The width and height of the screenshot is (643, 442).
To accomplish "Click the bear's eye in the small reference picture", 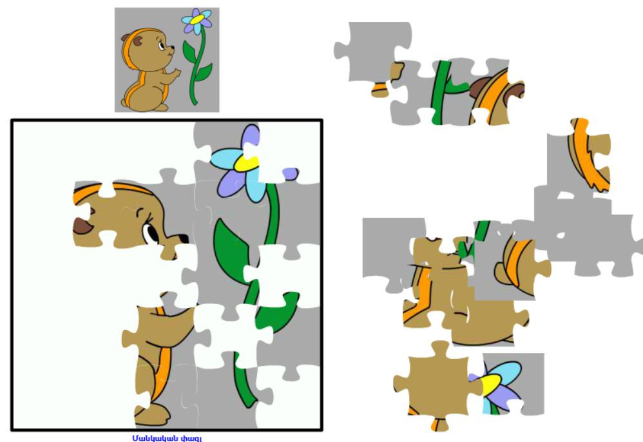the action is click(161, 44).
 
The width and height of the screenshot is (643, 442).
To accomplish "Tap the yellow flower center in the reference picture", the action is click(197, 19).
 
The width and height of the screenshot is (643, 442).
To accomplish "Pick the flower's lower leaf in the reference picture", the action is click(202, 73).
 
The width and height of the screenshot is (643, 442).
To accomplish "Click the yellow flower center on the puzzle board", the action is click(247, 163).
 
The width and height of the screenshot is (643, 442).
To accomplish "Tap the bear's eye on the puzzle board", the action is click(150, 233).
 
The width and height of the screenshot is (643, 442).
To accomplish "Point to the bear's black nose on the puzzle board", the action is click(183, 238).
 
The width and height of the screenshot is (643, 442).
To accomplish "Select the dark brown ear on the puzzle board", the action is click(83, 226).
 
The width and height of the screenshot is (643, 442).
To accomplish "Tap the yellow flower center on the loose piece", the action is click(491, 385).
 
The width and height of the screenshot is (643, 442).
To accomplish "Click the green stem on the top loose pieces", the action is click(440, 92).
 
